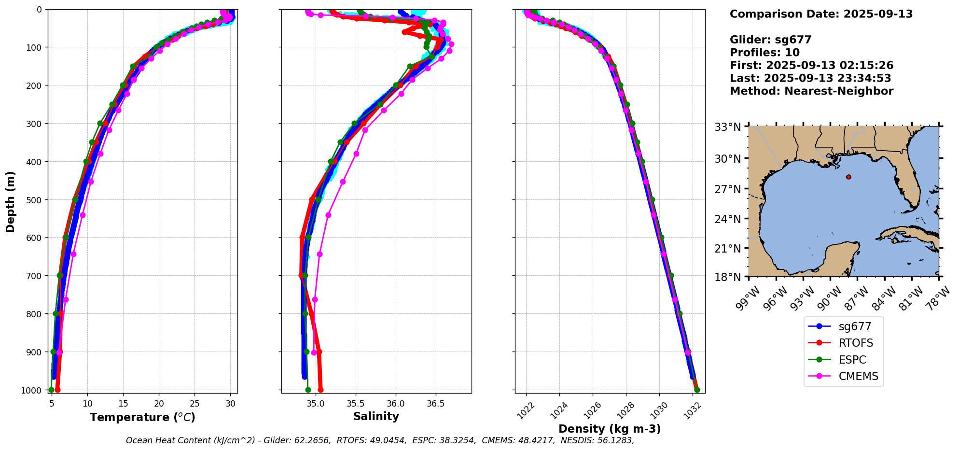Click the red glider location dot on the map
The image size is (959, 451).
[x=848, y=177]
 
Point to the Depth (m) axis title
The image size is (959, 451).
[x=10, y=201]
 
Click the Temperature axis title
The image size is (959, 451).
[x=142, y=417]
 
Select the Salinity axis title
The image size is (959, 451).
[x=376, y=417]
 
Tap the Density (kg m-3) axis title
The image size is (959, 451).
[x=610, y=429]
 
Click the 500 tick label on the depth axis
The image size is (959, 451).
[x=36, y=199]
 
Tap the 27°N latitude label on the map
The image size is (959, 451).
[x=727, y=189]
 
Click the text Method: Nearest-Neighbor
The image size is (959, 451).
[x=811, y=91]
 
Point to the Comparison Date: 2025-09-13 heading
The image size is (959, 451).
[x=821, y=14]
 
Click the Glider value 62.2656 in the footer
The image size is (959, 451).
[x=314, y=440]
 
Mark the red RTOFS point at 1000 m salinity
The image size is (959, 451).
[x=320, y=390]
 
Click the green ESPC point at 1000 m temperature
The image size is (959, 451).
[x=51, y=390]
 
